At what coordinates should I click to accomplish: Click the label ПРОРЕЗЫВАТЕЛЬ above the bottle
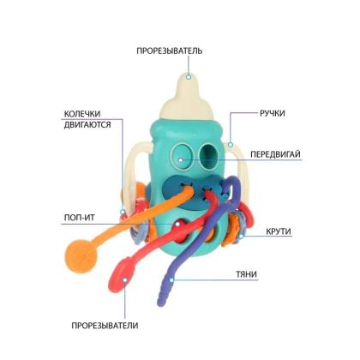pyautogui.click(x=169, y=51)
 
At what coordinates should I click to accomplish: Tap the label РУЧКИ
pyautogui.click(x=273, y=113)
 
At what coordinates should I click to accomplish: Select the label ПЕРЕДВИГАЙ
pyautogui.click(x=275, y=154)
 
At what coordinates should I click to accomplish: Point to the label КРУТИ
pyautogui.click(x=279, y=231)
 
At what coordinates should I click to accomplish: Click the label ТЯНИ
pyautogui.click(x=246, y=274)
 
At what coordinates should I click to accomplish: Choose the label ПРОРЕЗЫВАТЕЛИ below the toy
pyautogui.click(x=105, y=326)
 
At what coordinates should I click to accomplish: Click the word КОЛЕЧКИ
pyautogui.click(x=82, y=114)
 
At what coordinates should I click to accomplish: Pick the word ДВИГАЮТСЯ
pyautogui.click(x=87, y=125)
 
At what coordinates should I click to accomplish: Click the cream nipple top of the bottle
pyautogui.click(x=187, y=99)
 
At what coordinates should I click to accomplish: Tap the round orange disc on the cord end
pyautogui.click(x=81, y=255)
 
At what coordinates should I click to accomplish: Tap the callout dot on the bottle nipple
pyautogui.click(x=189, y=77)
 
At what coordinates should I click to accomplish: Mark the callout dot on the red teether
pyautogui.click(x=125, y=279)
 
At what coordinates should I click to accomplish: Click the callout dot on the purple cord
pyautogui.click(x=171, y=280)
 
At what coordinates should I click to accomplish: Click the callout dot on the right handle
pyautogui.click(x=231, y=145)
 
